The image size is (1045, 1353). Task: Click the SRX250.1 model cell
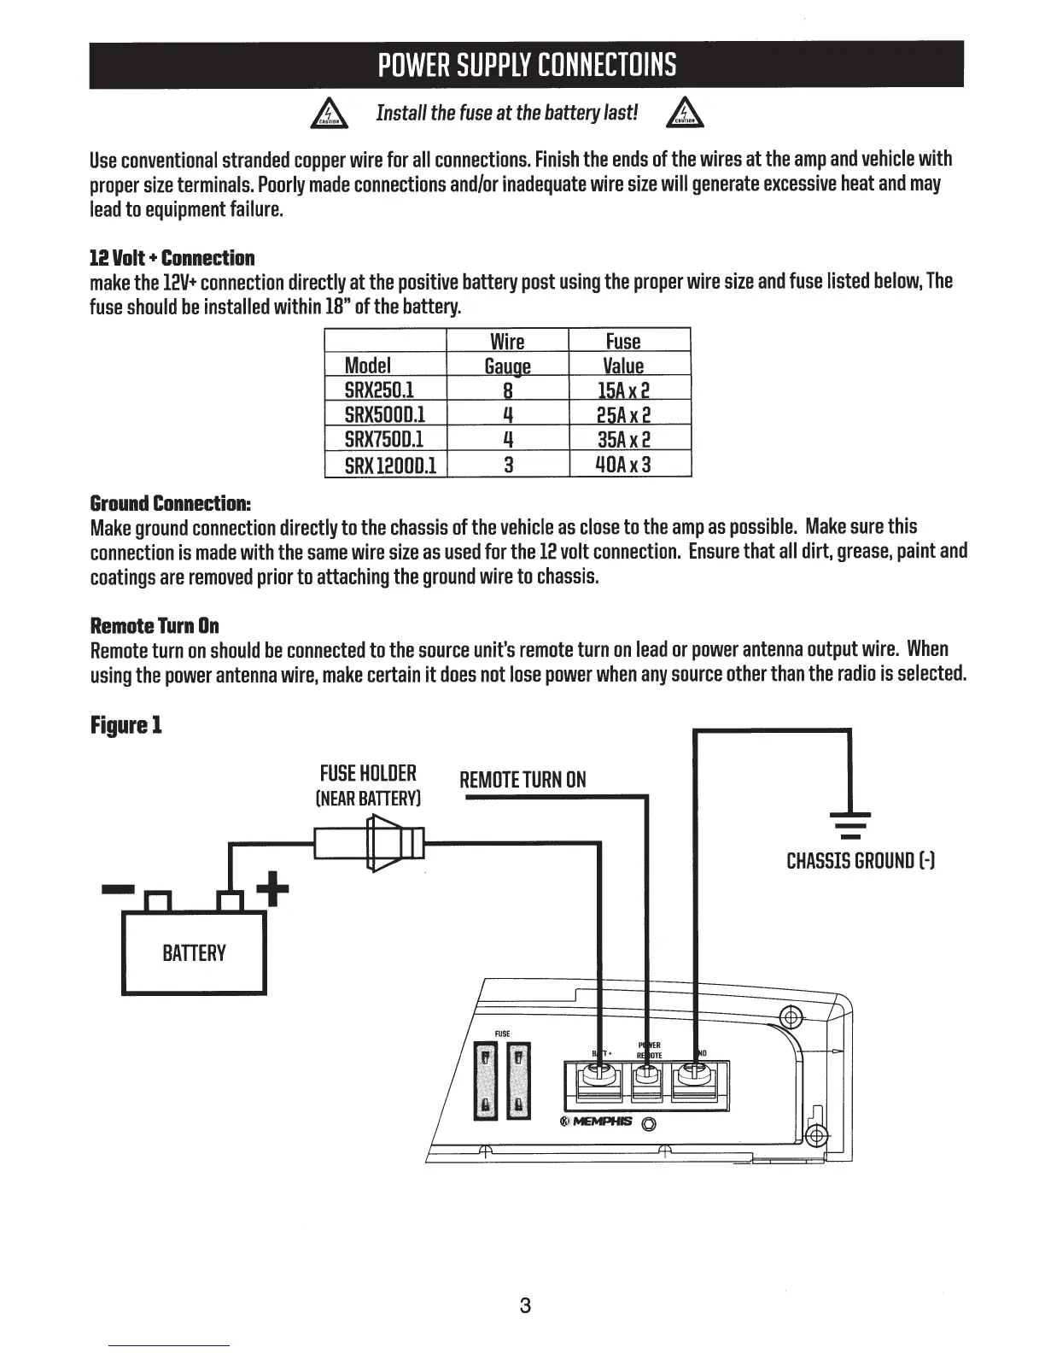coord(378,390)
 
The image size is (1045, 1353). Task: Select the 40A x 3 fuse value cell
coord(623,465)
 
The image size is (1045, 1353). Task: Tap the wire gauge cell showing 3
coord(508,465)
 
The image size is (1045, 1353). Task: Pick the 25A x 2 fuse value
coord(623,415)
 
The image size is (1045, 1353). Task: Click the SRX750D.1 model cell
coord(383,440)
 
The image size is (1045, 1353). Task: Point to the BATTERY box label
coord(194,953)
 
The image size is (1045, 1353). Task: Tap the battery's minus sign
coord(118,890)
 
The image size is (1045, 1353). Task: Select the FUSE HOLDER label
coord(368,773)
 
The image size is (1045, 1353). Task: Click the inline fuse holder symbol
coord(371,843)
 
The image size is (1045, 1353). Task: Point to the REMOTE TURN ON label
coord(522,780)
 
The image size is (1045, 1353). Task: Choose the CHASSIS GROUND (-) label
coord(861,860)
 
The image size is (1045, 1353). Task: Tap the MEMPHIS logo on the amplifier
coord(597,1122)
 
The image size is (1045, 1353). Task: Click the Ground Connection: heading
coord(171,502)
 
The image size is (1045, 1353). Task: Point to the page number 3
coord(525,1305)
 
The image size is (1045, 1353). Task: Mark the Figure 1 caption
coord(126,726)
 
